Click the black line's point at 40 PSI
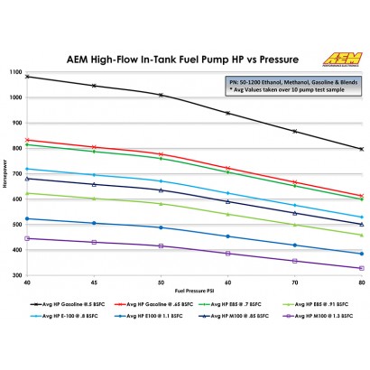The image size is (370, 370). pos(28,76)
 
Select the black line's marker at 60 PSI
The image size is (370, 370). pos(227,113)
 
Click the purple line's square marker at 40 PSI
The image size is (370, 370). pos(28,238)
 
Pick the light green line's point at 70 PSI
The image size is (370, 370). pos(294,225)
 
